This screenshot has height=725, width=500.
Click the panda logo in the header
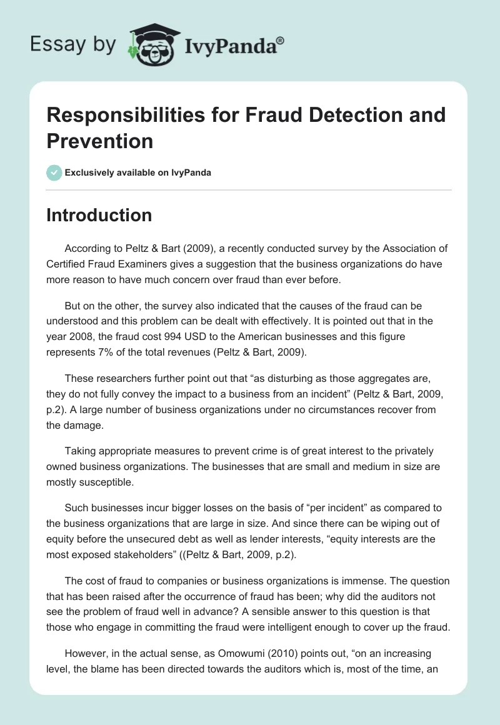pos(152,44)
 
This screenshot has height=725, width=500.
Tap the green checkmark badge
pos(54,172)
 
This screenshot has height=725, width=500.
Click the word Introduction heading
pos(99,215)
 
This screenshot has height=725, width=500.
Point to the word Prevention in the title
pos(99,141)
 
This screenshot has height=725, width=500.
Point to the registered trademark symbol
pos(280,40)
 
